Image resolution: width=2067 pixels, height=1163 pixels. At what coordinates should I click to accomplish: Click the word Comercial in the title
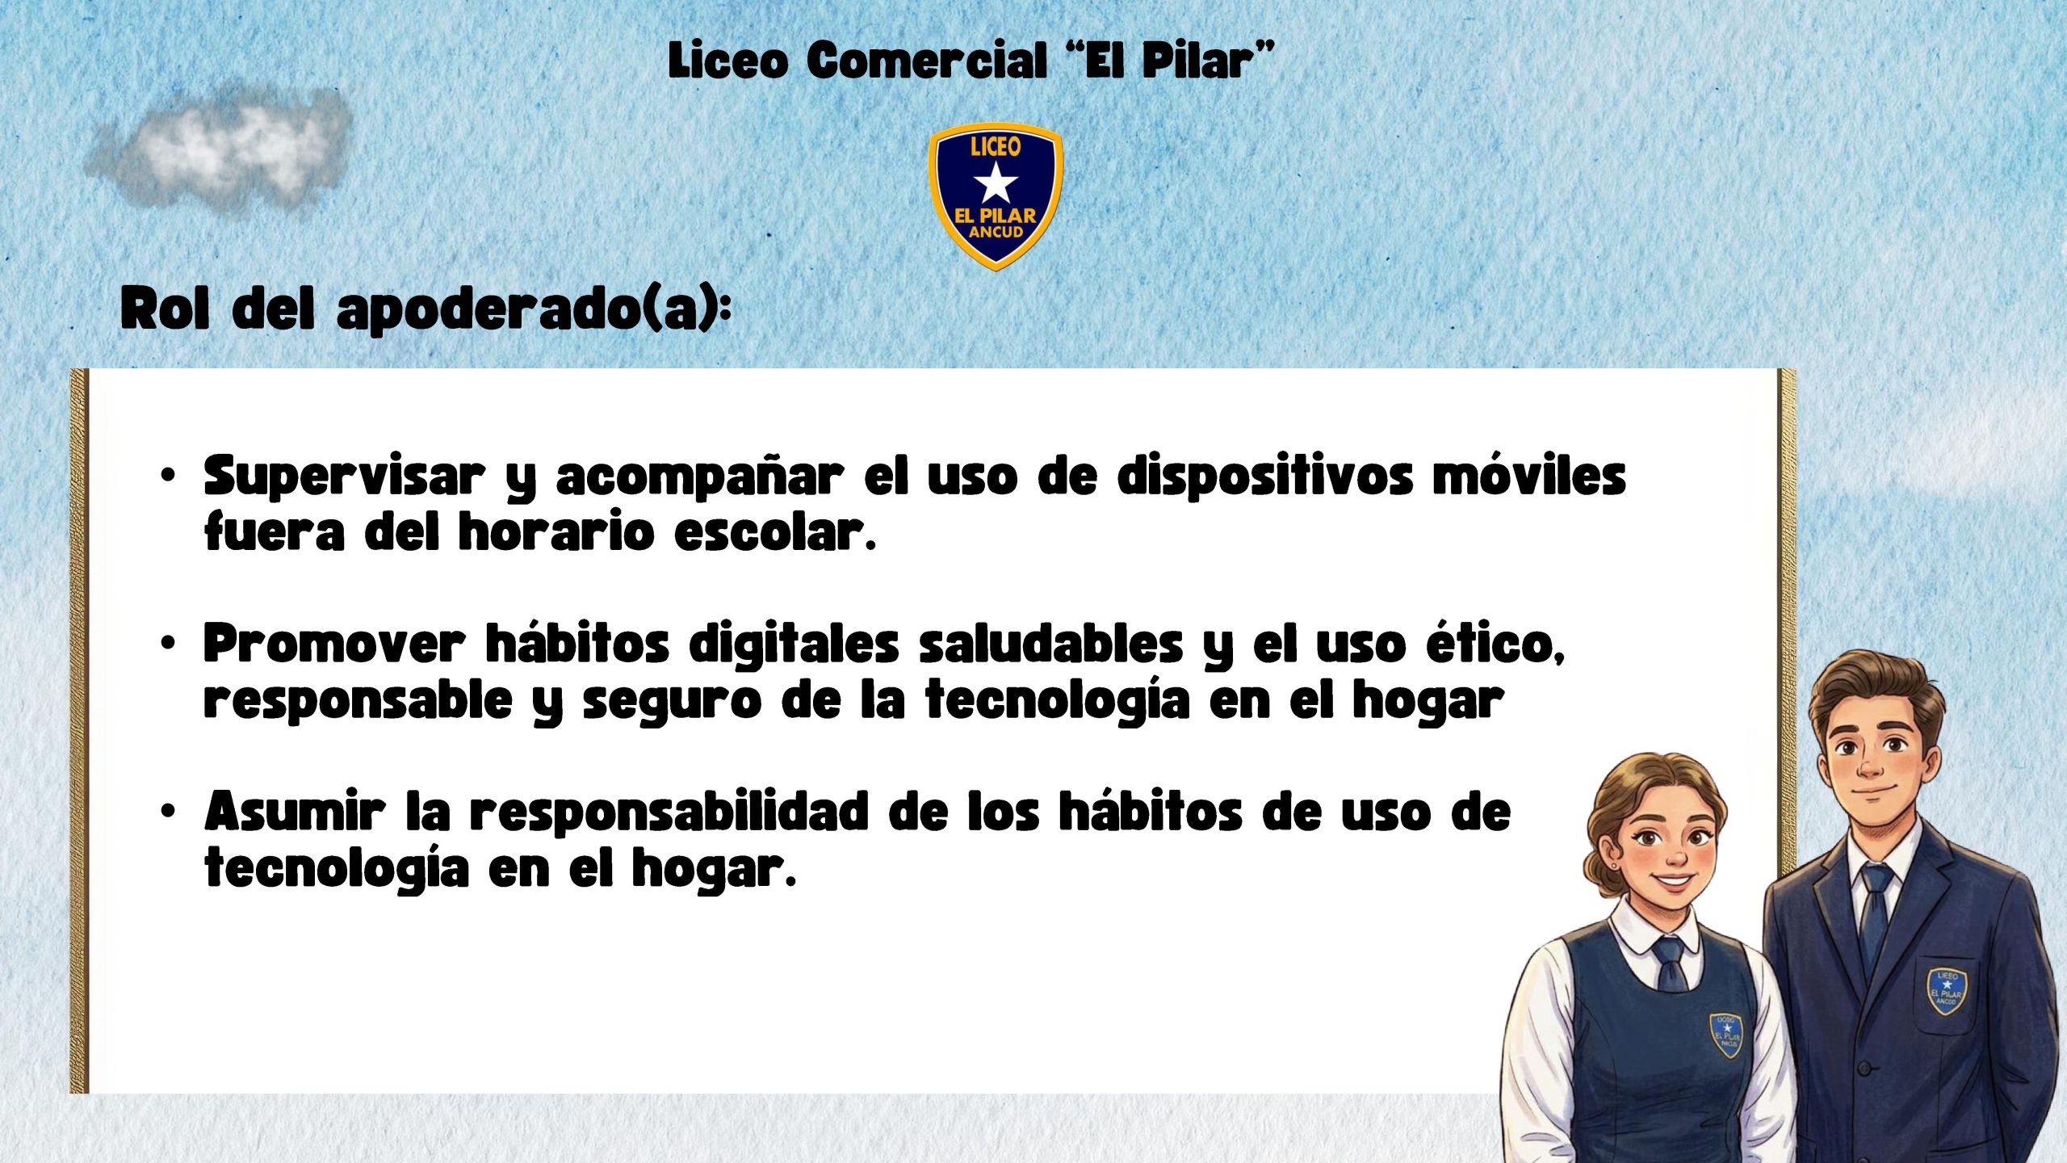(x=927, y=61)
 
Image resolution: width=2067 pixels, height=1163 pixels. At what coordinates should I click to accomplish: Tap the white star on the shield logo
(x=996, y=183)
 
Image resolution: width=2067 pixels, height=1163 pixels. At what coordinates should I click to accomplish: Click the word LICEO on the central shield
(x=996, y=146)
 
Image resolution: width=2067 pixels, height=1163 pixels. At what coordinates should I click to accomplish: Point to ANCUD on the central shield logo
(x=996, y=233)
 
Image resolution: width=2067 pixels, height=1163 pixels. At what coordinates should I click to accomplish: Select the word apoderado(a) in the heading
(x=534, y=309)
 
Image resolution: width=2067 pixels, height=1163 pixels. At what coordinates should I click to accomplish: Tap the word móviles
(x=1529, y=476)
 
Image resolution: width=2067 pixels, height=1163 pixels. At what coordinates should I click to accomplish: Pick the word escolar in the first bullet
(x=774, y=532)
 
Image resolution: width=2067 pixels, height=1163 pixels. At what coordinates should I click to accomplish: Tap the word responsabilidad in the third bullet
(x=669, y=812)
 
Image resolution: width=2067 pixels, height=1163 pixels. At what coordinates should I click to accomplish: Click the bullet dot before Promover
(x=167, y=644)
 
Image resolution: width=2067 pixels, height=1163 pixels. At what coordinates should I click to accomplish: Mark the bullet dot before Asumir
(x=167, y=811)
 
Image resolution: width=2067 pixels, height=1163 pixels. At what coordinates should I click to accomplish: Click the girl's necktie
(x=1670, y=964)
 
